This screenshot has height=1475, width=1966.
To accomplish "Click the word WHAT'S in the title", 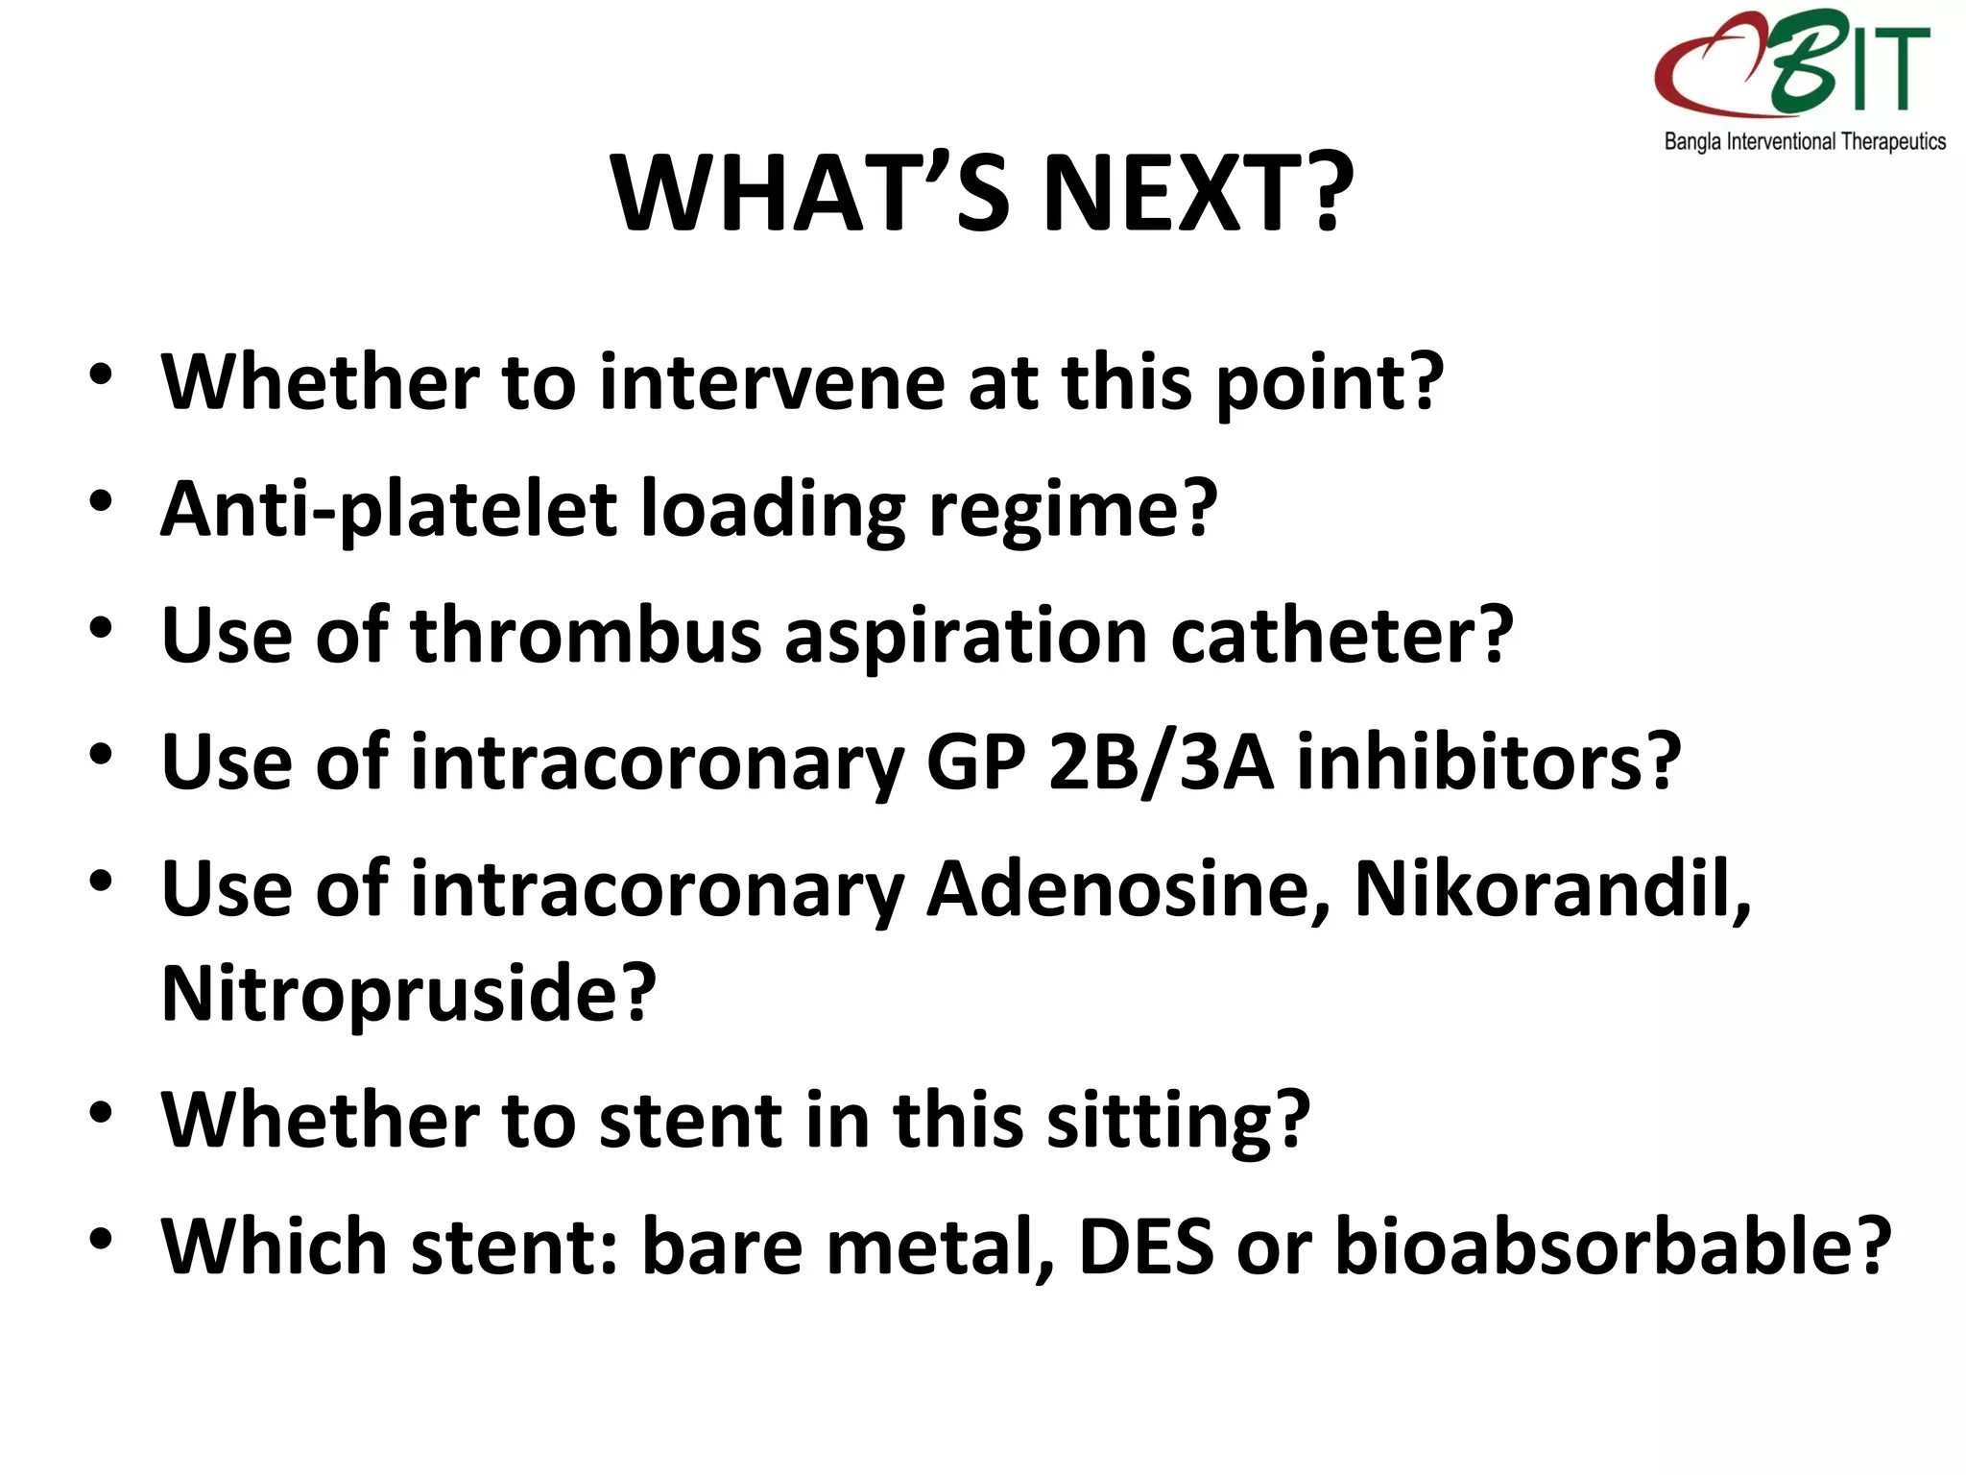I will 811,194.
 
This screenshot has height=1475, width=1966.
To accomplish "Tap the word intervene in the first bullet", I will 773,383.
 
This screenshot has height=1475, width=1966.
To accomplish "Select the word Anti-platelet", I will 389,510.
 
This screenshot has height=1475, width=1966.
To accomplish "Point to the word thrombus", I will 586,636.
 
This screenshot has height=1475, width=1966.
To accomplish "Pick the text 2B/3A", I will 1161,762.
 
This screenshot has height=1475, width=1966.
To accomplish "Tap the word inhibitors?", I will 1489,762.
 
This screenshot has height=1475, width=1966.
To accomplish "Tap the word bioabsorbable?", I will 1613,1247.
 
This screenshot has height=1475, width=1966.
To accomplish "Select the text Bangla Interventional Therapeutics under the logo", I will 1805,142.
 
